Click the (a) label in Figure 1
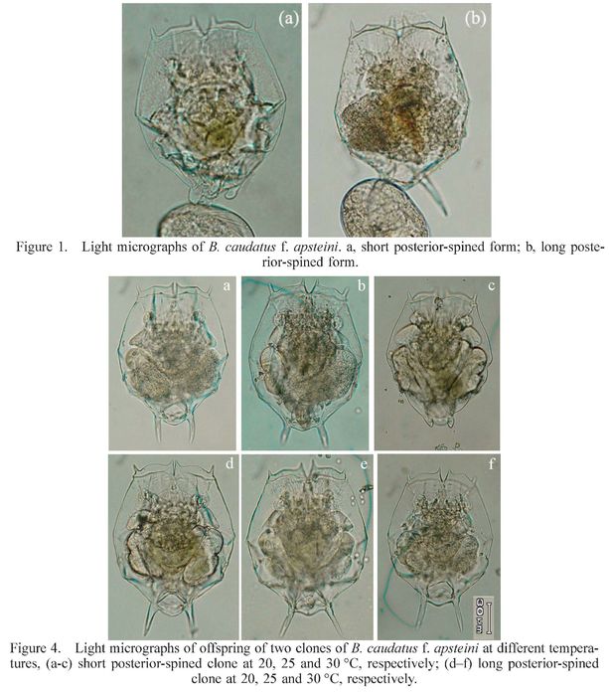(288, 19)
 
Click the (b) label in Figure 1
(475, 19)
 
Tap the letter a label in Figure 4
(227, 286)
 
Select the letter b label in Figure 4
(362, 286)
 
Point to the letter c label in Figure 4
(492, 286)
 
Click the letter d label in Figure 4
(229, 463)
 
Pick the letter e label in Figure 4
(364, 464)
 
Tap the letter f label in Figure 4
(492, 464)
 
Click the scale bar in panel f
(489, 617)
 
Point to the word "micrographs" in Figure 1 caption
(155, 248)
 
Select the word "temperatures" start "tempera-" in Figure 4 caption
(566, 649)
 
